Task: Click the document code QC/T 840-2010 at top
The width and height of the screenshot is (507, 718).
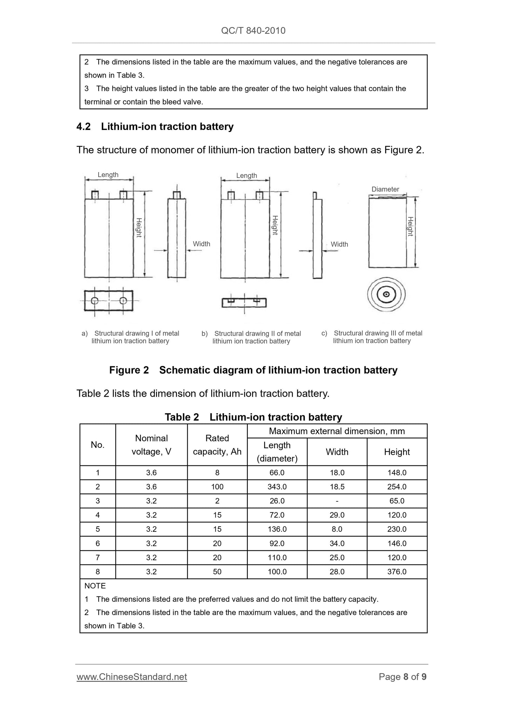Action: pyautogui.click(x=253, y=31)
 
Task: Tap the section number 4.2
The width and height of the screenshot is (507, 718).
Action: pyautogui.click(x=84, y=127)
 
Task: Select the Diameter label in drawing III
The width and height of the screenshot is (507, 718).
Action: pyautogui.click(x=385, y=189)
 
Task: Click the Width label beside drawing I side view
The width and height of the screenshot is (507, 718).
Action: pyautogui.click(x=201, y=244)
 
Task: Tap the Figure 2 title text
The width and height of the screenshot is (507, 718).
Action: pyautogui.click(x=253, y=370)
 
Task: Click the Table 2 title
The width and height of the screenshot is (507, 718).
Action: pyautogui.click(x=253, y=417)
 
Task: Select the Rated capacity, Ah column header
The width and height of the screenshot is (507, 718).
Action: pyautogui.click(x=217, y=445)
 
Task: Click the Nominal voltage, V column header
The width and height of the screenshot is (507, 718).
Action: pyautogui.click(x=151, y=445)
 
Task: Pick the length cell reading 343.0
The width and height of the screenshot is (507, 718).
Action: pyautogui.click(x=277, y=487)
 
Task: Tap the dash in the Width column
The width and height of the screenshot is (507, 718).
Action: pyautogui.click(x=337, y=501)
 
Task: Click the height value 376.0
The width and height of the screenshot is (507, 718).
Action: pyautogui.click(x=397, y=572)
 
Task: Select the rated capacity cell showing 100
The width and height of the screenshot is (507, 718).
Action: pyautogui.click(x=217, y=487)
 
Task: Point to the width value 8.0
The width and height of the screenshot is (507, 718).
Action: pyautogui.click(x=337, y=529)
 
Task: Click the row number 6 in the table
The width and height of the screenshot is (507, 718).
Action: pyautogui.click(x=98, y=544)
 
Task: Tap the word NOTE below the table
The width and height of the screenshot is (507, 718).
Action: pyautogui.click(x=95, y=586)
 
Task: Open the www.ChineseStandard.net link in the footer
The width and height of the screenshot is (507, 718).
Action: pyautogui.click(x=132, y=677)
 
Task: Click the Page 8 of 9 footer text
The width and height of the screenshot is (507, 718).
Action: pyautogui.click(x=402, y=677)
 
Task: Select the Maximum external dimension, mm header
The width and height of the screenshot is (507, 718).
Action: pyautogui.click(x=337, y=431)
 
